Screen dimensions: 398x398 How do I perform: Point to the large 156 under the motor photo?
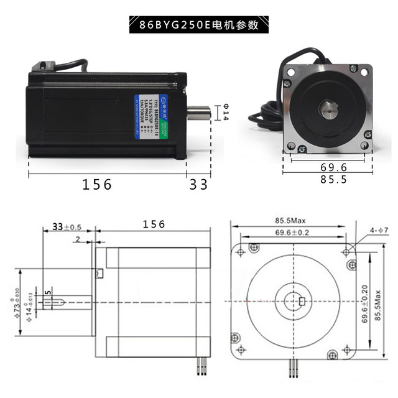pos(98,185)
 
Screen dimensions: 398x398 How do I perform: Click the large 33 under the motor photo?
pos(198,185)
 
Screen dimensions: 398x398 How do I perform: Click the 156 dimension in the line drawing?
pos(154,224)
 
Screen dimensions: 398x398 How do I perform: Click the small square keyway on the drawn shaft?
pos(302,302)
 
